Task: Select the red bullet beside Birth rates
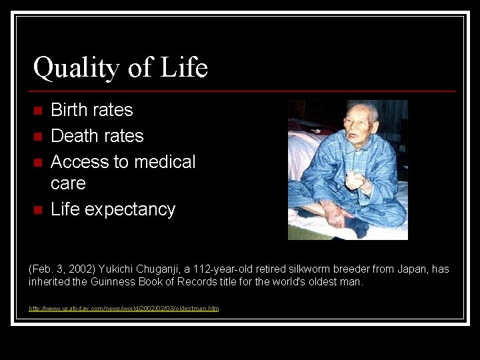point(38,110)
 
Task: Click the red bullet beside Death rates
point(38,137)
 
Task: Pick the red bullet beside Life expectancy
point(38,210)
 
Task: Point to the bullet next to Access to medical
point(38,163)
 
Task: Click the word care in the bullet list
point(68,183)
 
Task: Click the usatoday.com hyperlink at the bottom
point(123,308)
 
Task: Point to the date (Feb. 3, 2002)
point(63,269)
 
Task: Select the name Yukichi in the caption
point(117,269)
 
